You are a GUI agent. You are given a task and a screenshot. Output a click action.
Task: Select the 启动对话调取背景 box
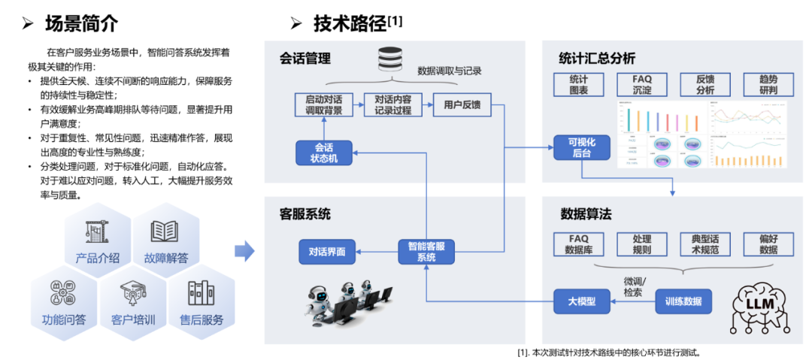[323, 104]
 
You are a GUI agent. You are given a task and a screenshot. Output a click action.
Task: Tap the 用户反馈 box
[462, 104]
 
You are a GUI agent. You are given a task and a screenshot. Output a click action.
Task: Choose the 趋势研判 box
[767, 84]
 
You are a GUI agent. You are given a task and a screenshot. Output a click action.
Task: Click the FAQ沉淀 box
[642, 84]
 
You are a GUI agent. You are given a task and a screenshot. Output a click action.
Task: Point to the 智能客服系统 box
[426, 251]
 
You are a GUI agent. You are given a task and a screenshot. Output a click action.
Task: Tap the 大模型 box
[581, 301]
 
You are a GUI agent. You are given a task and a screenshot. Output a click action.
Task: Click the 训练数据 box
[683, 301]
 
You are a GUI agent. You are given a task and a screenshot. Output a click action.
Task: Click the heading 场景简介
[81, 23]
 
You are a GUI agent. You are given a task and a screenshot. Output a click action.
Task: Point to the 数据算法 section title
[586, 214]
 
